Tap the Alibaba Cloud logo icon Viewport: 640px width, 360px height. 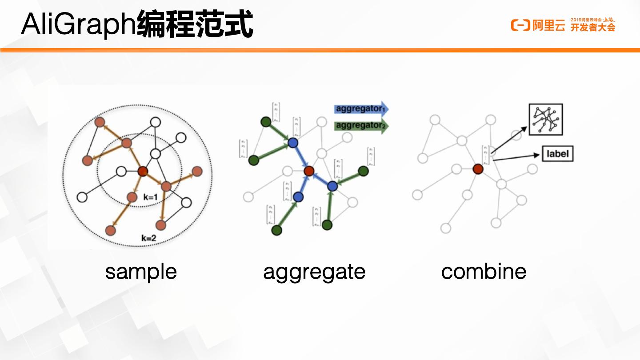pyautogui.click(x=520, y=25)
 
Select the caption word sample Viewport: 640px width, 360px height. pyautogui.click(x=140, y=272)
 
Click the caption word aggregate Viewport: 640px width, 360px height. pyautogui.click(x=314, y=272)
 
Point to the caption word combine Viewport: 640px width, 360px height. pyautogui.click(x=484, y=272)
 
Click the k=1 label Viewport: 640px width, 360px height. pyautogui.click(x=151, y=196)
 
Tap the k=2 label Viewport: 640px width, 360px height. pyautogui.click(x=149, y=238)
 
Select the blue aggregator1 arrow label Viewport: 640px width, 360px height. pyautogui.click(x=360, y=109)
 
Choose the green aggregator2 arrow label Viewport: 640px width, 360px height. pyautogui.click(x=360, y=125)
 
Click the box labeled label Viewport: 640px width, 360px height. pyautogui.click(x=557, y=154)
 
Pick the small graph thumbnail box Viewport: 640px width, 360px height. pyautogui.click(x=545, y=120)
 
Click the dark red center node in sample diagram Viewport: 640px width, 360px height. pyautogui.click(x=143, y=171)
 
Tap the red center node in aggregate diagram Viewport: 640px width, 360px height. pyautogui.click(x=309, y=171)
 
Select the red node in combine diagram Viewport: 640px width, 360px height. pyautogui.click(x=478, y=169)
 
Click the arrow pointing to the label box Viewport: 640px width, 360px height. pyautogui.click(x=516, y=156)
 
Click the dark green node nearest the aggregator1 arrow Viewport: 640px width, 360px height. pyautogui.click(x=266, y=122)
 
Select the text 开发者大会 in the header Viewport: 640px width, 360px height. pyautogui.click(x=593, y=28)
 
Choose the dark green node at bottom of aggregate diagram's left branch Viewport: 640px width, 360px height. pyautogui.click(x=276, y=230)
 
